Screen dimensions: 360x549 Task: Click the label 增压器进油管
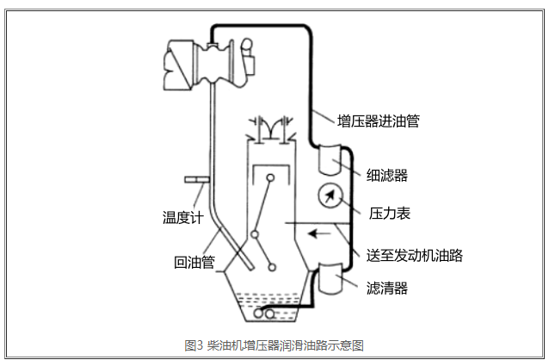(x=379, y=121)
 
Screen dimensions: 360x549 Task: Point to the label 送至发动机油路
(x=415, y=256)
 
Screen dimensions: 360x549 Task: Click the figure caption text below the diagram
(x=274, y=345)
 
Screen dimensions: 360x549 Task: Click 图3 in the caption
(x=194, y=345)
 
